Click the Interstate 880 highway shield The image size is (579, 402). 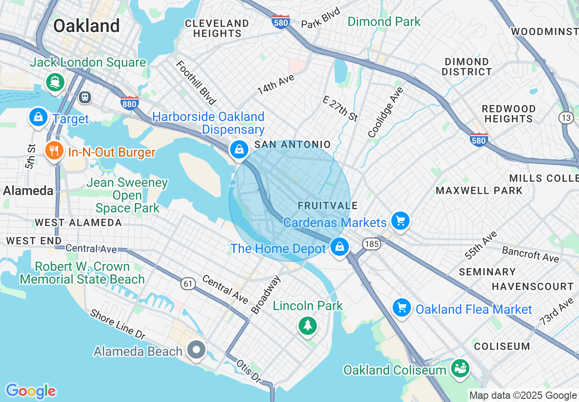tap(130, 104)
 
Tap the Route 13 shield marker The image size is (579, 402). tap(566, 118)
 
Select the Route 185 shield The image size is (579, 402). tap(372, 244)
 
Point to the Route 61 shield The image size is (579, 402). tap(188, 284)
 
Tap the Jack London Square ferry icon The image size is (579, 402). tap(56, 82)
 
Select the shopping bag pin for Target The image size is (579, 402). tap(38, 117)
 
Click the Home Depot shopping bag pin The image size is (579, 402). tap(339, 247)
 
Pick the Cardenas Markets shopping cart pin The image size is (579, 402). tap(400, 221)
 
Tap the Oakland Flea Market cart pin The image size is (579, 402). tap(402, 308)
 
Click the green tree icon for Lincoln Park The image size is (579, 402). tap(308, 326)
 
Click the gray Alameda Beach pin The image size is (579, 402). tap(197, 350)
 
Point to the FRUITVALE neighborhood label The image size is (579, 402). tap(327, 206)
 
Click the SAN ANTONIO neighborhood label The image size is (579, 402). tap(292, 144)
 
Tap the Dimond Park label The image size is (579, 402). tap(384, 21)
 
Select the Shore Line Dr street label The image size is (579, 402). tap(117, 324)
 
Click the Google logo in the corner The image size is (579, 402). tap(31, 391)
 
